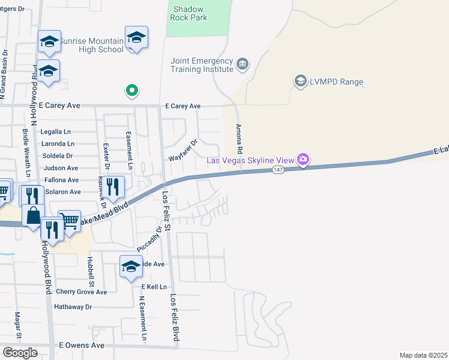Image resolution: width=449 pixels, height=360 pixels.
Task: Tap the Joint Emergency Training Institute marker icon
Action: click(x=243, y=64)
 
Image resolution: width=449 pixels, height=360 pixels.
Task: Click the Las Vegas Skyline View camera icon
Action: click(x=304, y=159)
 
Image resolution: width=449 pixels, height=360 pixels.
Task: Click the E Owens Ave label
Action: click(x=82, y=346)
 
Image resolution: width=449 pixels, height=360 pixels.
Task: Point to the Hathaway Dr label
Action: click(x=73, y=307)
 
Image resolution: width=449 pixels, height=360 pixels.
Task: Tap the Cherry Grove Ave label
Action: click(x=81, y=292)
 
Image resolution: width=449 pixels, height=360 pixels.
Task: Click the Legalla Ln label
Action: click(x=55, y=131)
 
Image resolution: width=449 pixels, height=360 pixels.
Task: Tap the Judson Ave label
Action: click(x=61, y=168)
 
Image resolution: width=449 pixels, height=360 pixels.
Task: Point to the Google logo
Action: click(x=20, y=352)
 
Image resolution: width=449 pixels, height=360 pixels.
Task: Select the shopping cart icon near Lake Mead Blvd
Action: click(x=70, y=221)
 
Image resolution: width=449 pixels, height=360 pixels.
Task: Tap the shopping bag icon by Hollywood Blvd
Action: click(x=33, y=215)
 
